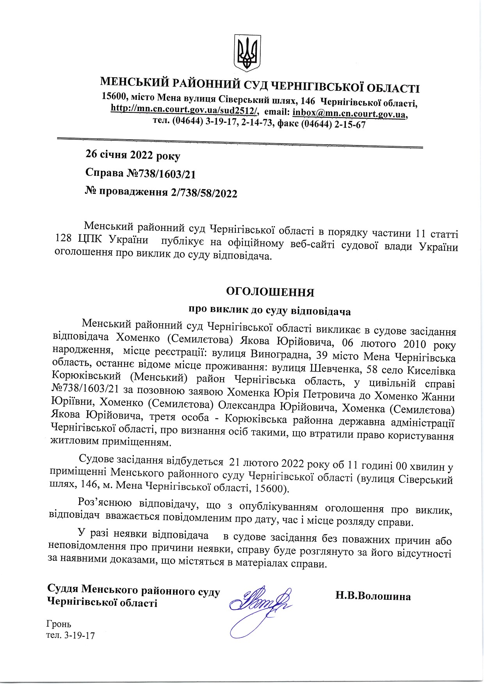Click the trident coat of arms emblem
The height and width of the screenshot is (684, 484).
tap(247, 53)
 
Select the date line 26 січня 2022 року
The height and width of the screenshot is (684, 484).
tap(133, 155)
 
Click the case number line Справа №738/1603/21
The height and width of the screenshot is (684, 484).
tap(140, 174)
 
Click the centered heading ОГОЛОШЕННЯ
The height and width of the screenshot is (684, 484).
tap(270, 292)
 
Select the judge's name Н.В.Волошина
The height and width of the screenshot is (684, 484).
tap(373, 596)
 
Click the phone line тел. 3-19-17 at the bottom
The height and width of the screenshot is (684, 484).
tap(71, 636)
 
